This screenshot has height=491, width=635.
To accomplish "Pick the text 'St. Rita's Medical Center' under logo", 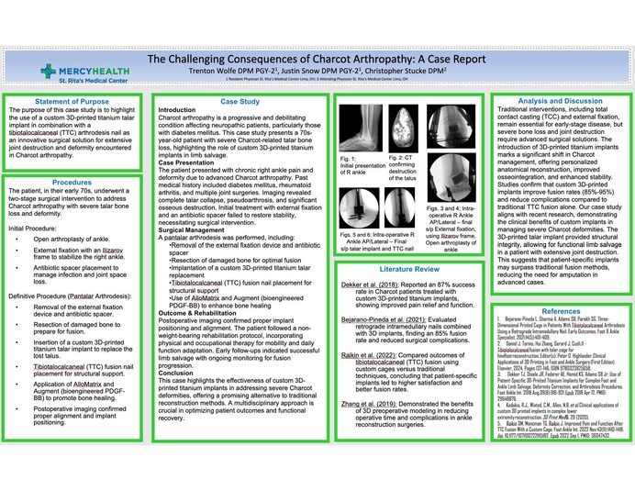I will (x=52, y=81).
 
